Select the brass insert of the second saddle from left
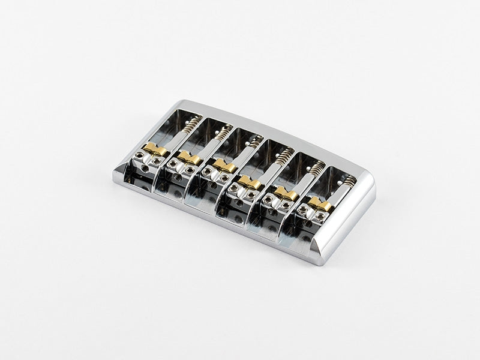click(188, 158)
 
